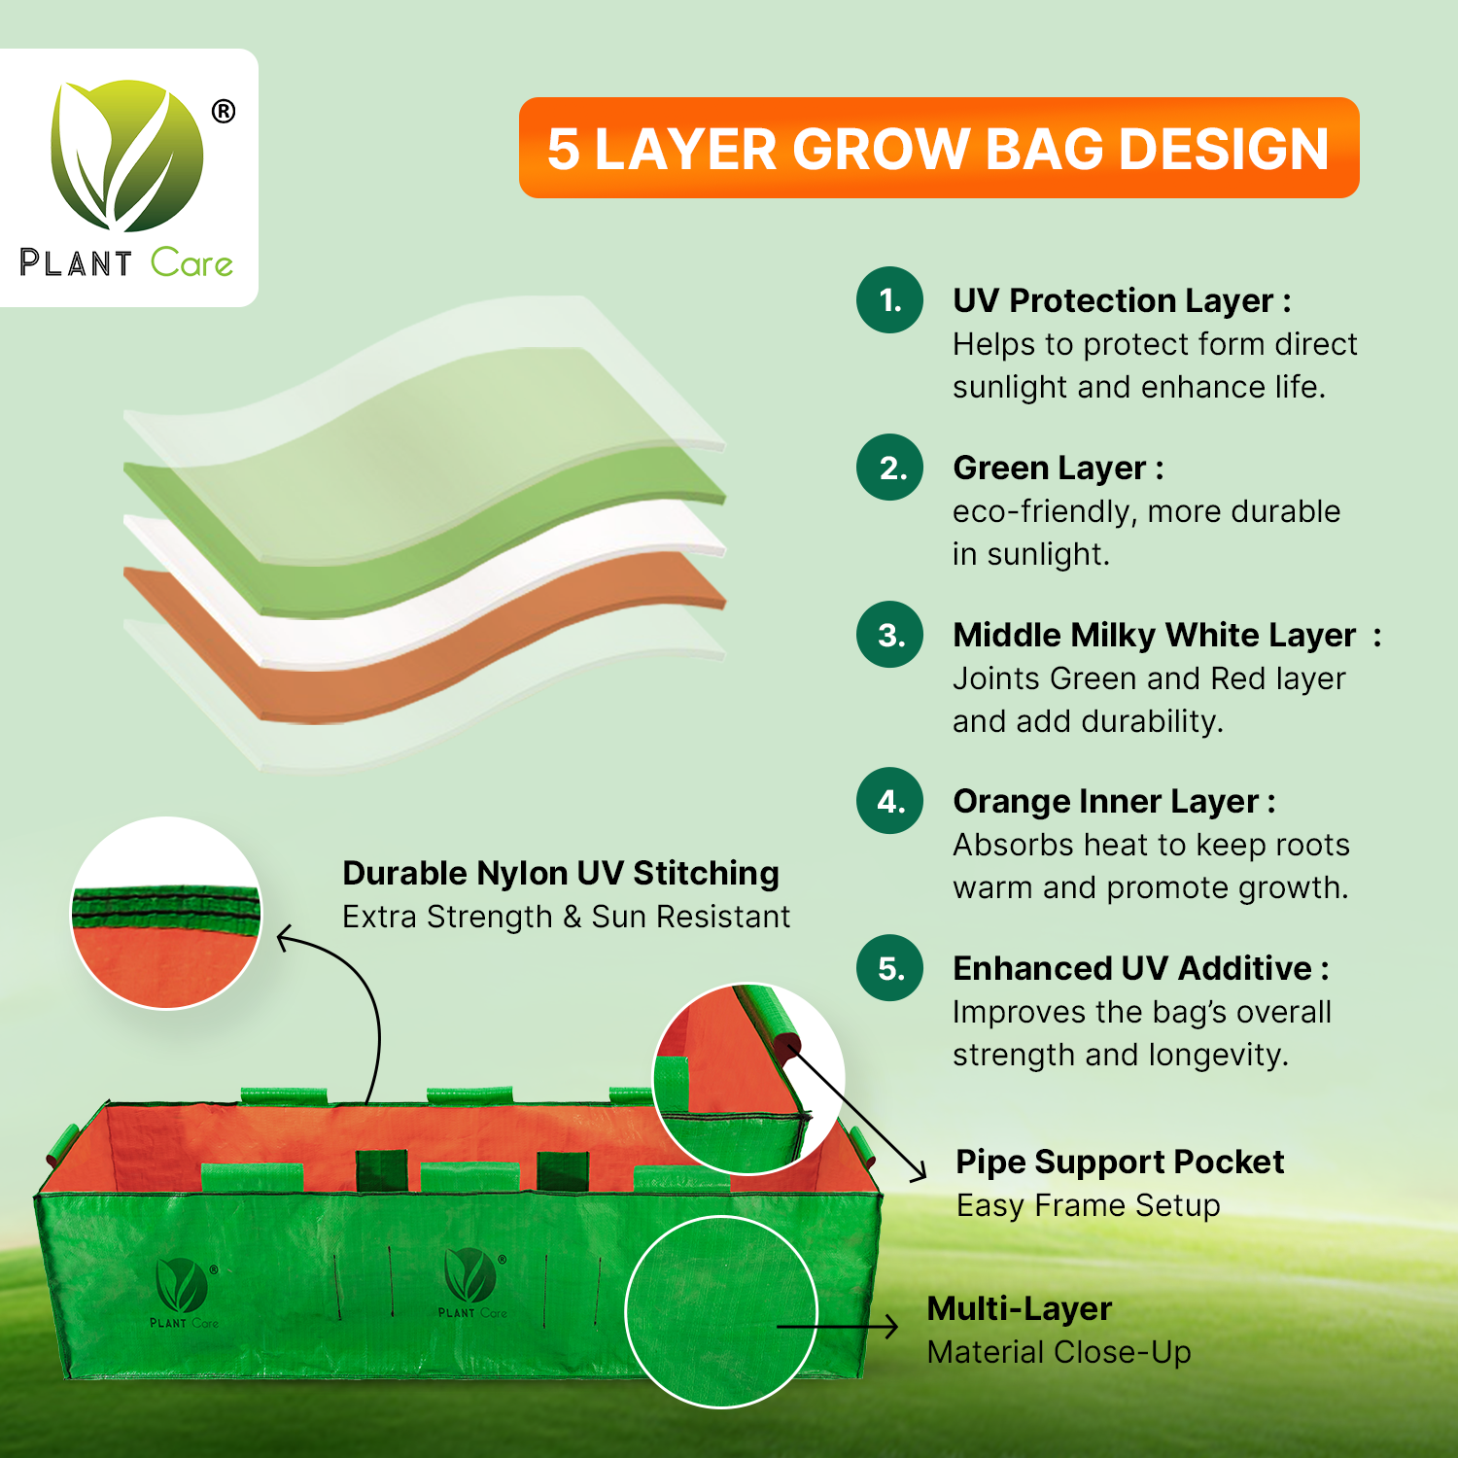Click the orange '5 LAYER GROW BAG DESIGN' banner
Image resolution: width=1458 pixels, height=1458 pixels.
(x=939, y=148)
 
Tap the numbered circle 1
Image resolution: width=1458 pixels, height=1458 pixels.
(x=889, y=300)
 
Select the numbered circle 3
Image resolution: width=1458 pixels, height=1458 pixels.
(x=889, y=635)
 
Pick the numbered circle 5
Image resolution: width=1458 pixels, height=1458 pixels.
(x=889, y=968)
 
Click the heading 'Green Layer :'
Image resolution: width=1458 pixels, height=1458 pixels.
(x=1059, y=469)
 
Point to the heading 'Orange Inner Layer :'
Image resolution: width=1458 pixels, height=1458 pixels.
(x=1114, y=802)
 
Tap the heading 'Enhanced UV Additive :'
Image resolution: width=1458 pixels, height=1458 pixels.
(x=1141, y=969)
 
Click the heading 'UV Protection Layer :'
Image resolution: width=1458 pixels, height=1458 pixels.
(x=1122, y=301)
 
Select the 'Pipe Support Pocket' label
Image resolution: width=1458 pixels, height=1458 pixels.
(x=1120, y=1163)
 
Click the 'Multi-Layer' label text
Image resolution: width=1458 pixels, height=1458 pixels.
(x=1019, y=1309)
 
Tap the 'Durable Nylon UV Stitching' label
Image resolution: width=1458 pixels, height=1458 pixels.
(x=561, y=874)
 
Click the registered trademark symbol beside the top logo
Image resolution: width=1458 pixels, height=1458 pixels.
(x=224, y=112)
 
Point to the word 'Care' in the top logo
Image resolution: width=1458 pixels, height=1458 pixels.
(x=191, y=263)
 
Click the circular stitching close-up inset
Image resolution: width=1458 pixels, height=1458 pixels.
(x=166, y=914)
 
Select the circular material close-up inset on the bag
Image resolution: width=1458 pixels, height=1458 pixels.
(x=721, y=1311)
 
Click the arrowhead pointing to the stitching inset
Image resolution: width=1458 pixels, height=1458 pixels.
(x=286, y=938)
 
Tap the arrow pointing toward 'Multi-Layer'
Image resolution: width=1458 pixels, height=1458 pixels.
(x=838, y=1326)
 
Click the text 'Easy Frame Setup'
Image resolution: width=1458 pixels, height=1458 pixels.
(x=1088, y=1206)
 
